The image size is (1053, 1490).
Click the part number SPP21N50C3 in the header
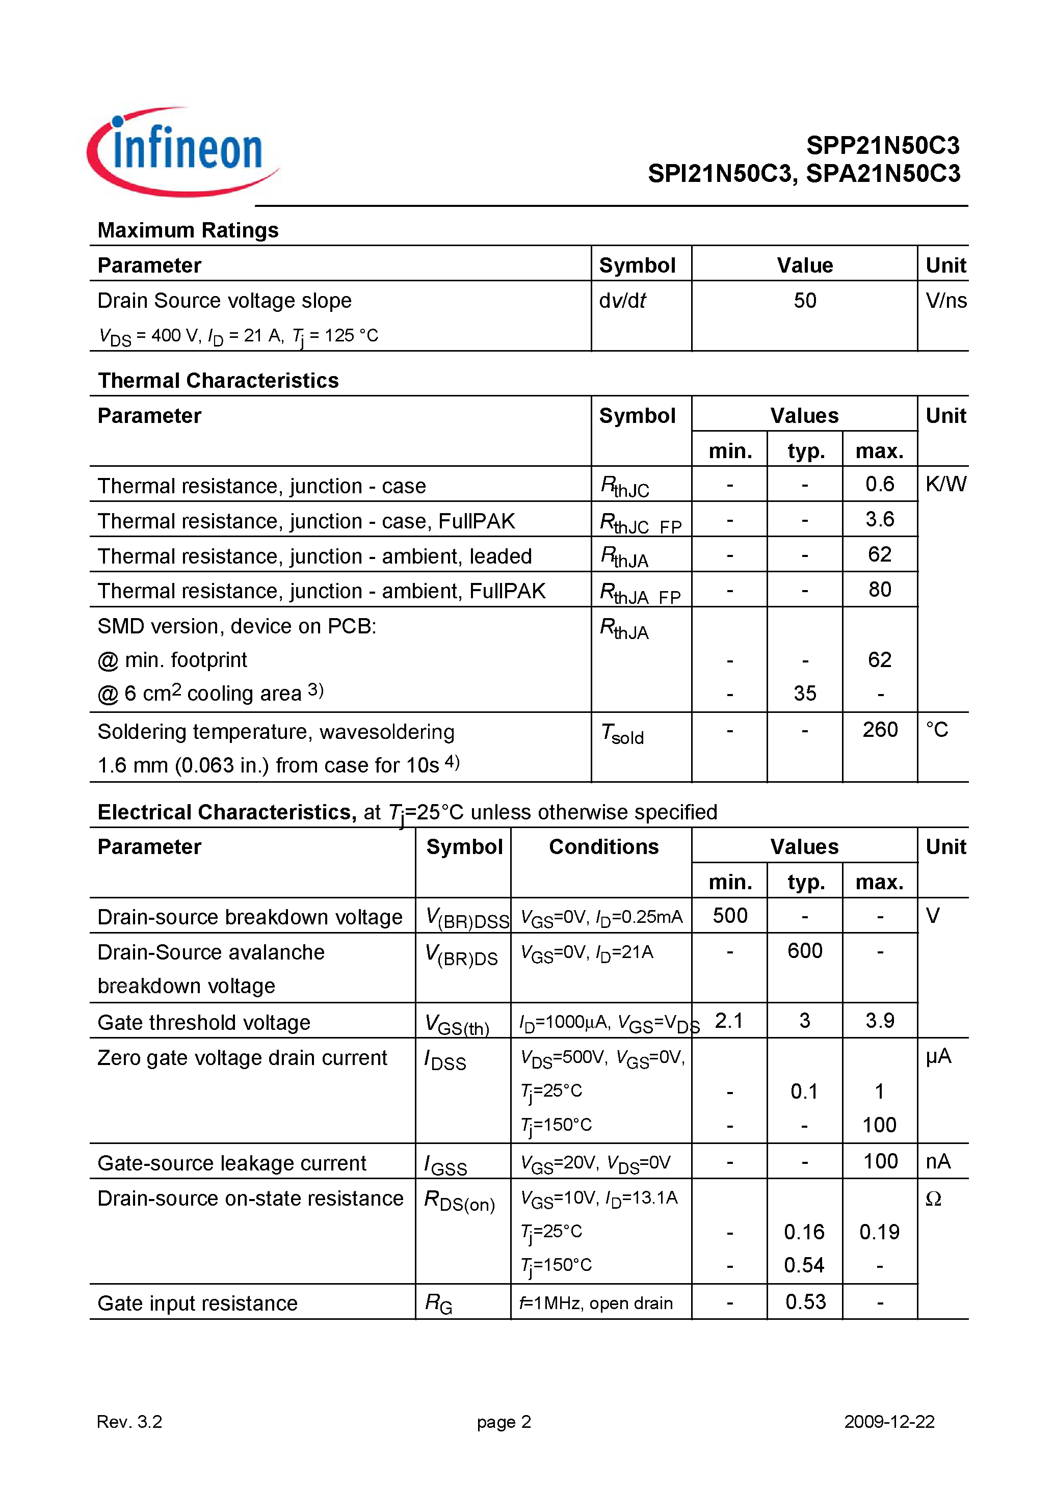882,145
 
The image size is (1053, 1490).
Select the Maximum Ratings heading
188,230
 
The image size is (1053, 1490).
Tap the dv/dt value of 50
804,301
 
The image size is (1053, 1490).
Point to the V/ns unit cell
945,301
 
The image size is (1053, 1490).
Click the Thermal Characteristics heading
218,380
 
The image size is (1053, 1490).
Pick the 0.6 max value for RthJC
879,484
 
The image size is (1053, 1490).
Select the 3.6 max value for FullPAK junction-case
879,519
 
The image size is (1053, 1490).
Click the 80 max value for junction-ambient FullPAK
879,589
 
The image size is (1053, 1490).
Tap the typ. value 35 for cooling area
804,693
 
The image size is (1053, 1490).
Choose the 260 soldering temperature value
880,729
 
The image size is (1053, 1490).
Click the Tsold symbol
622,734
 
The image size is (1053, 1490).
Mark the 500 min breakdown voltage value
730,916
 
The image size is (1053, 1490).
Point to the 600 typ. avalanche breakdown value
804,951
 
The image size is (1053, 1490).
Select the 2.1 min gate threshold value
728,1021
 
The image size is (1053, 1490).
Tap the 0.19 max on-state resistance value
879,1232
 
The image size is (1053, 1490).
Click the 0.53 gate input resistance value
805,1302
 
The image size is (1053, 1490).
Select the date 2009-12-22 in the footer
889,1421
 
